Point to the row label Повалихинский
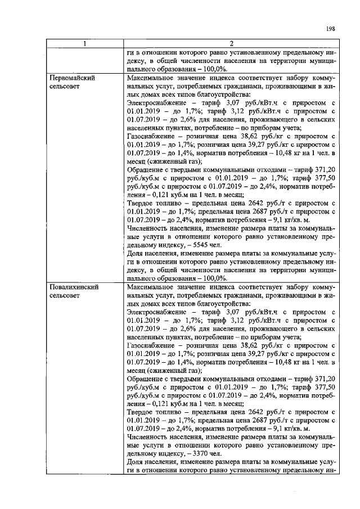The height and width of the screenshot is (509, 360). click(x=74, y=287)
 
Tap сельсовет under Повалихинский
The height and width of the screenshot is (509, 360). click(x=65, y=297)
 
